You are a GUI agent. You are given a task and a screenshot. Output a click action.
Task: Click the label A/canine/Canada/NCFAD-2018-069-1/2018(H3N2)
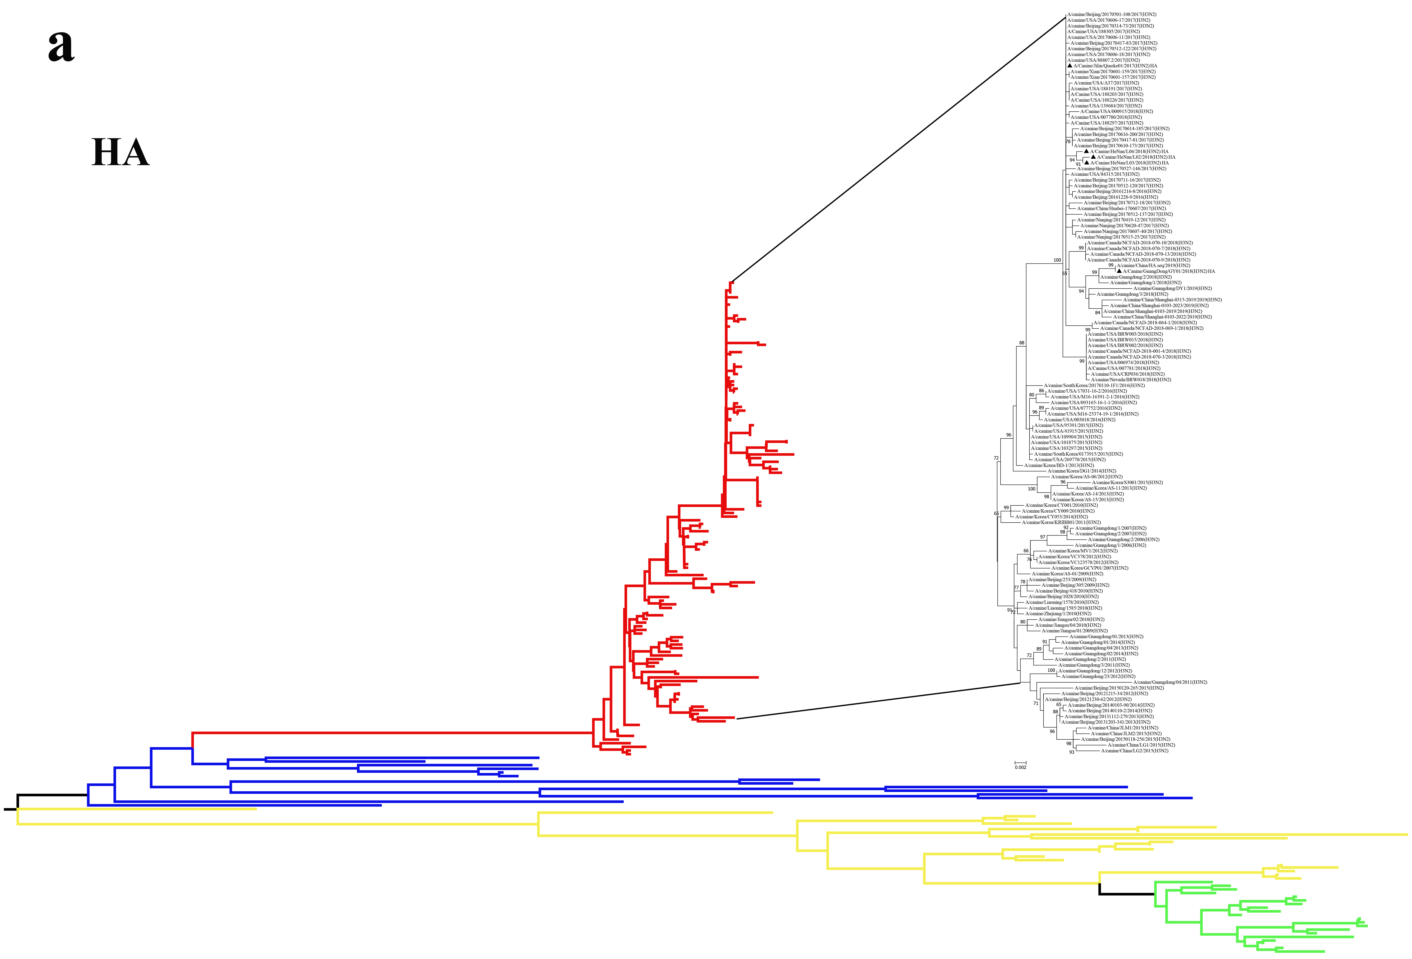[x=1151, y=328]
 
